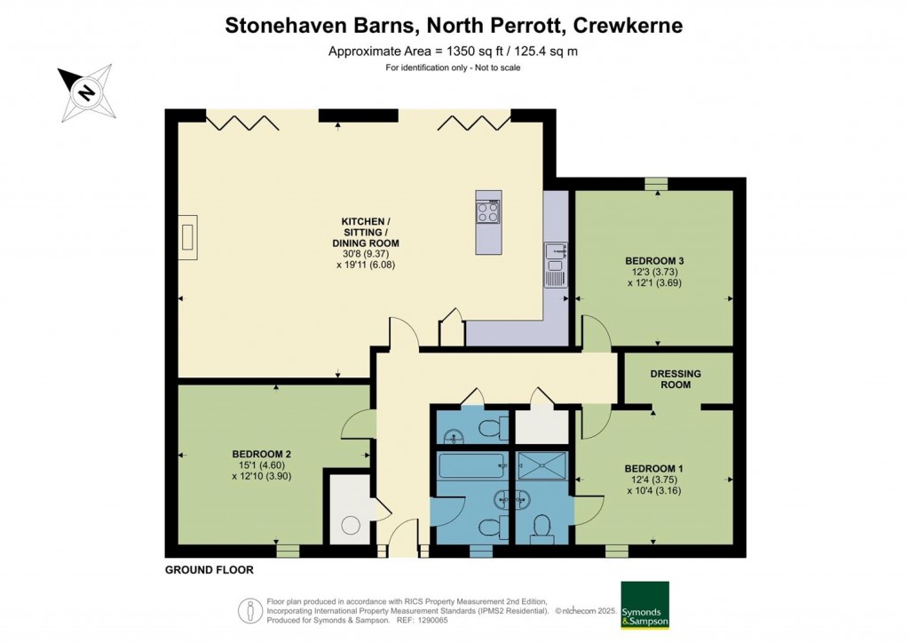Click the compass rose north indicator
pyautogui.click(x=86, y=91)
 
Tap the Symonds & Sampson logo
pyautogui.click(x=644, y=606)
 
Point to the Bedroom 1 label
pyautogui.click(x=654, y=468)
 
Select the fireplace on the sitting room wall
pyautogui.click(x=187, y=236)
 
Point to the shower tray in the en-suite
pyautogui.click(x=541, y=464)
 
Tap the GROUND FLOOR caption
pyautogui.click(x=209, y=570)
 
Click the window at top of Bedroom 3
pyautogui.click(x=656, y=184)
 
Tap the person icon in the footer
pyautogui.click(x=249, y=610)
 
